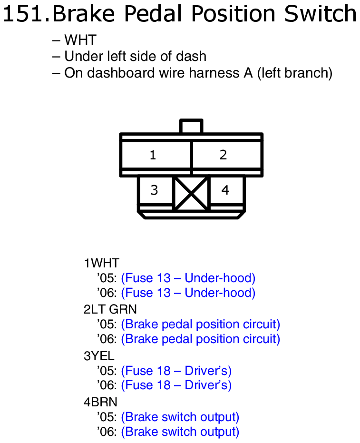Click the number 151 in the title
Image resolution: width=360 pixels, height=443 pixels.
24,14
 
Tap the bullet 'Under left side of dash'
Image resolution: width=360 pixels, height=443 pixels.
129,57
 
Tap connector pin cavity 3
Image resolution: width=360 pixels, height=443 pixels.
155,190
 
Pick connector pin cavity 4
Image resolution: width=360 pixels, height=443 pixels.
226,190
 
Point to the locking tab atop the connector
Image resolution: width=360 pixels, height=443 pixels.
191,127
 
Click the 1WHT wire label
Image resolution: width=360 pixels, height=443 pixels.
101,263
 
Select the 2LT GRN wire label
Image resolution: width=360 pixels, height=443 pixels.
110,309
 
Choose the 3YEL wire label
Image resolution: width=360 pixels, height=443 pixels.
99,355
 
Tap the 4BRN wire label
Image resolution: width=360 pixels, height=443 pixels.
100,402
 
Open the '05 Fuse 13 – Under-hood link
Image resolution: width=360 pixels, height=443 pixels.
188,278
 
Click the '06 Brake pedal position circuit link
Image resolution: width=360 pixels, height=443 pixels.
200,339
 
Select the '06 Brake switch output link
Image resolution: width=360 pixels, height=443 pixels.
180,432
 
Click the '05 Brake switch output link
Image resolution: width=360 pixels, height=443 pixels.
180,417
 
